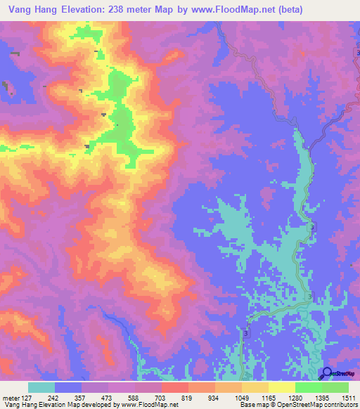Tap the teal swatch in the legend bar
(x=41, y=387)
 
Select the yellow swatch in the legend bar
(x=281, y=387)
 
